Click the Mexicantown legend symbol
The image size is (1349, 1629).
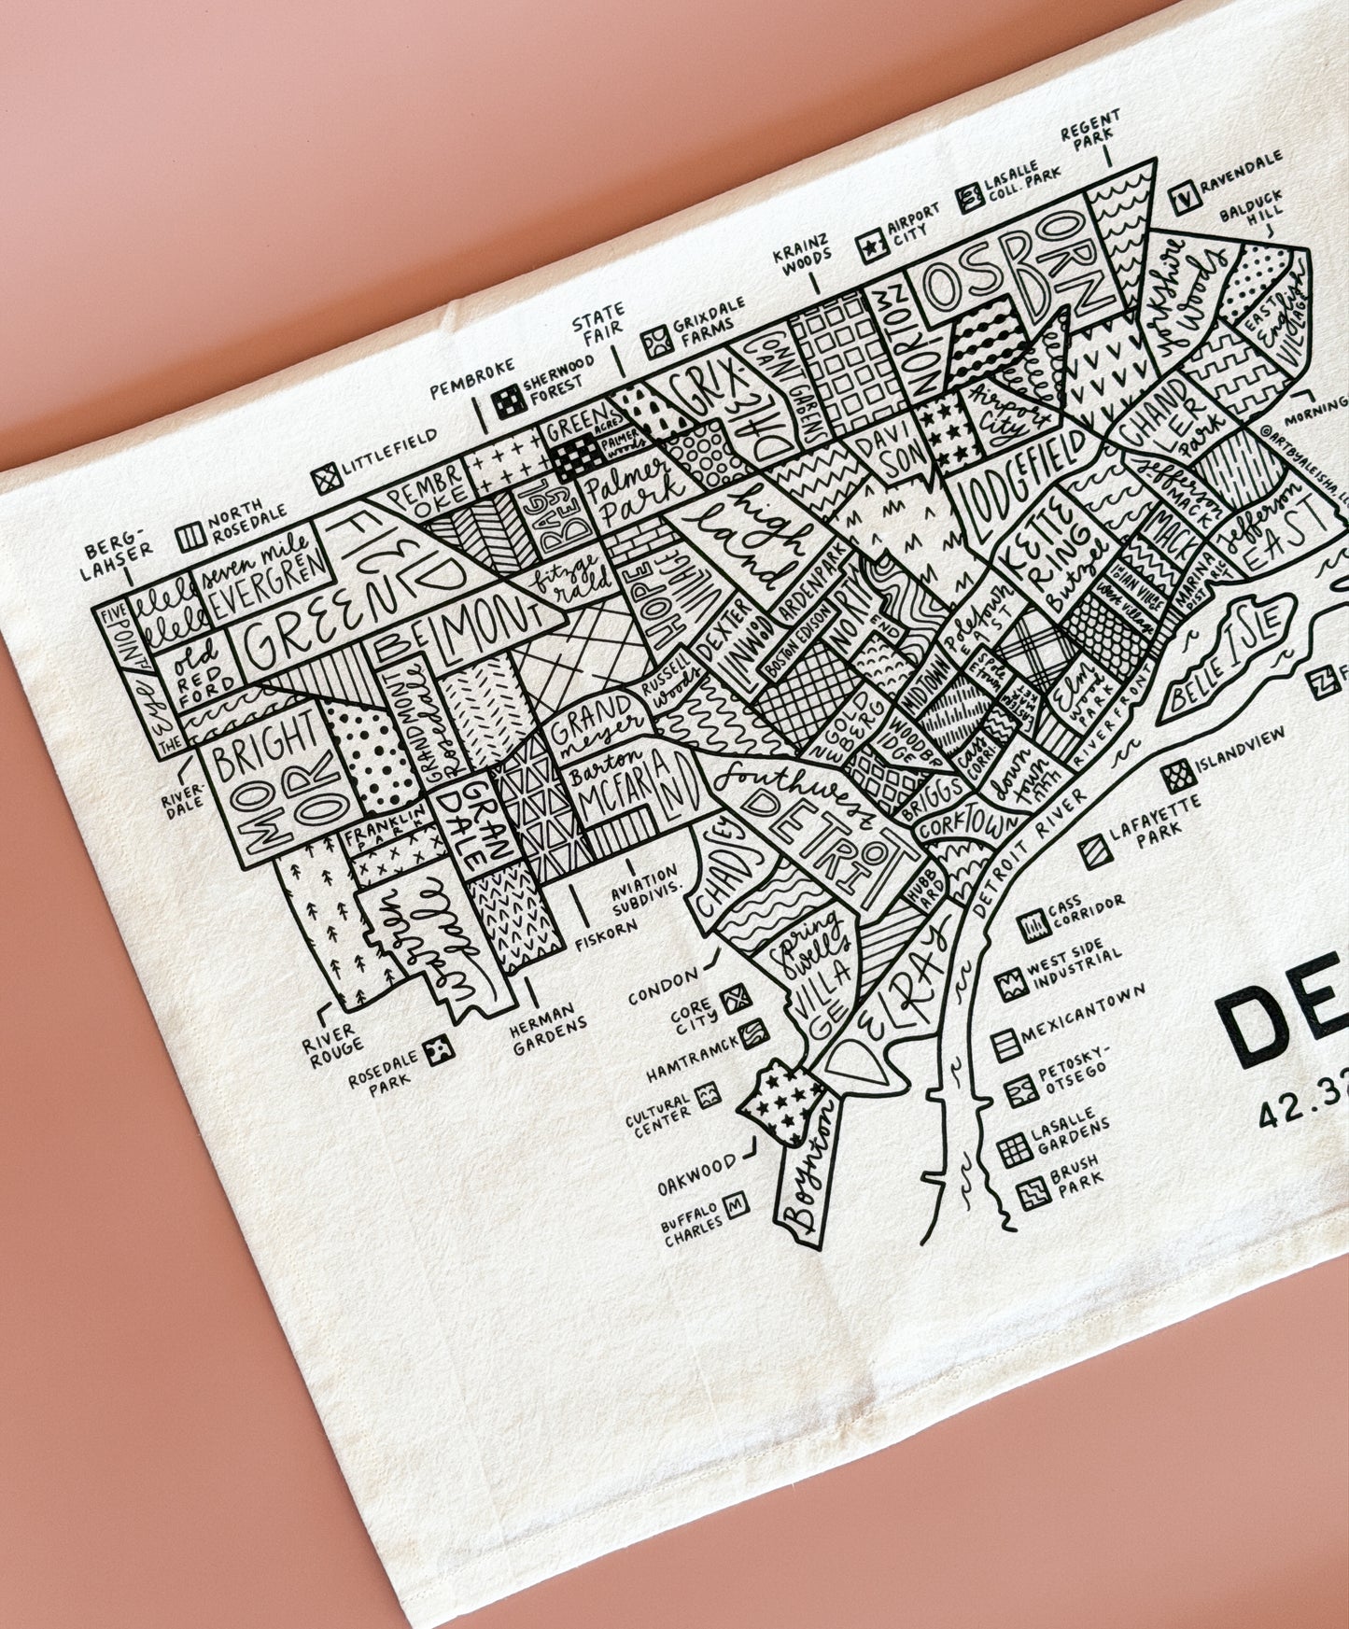[1005, 1044]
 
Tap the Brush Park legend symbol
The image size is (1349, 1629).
[1029, 1193]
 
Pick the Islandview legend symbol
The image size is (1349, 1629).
[1179, 772]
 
